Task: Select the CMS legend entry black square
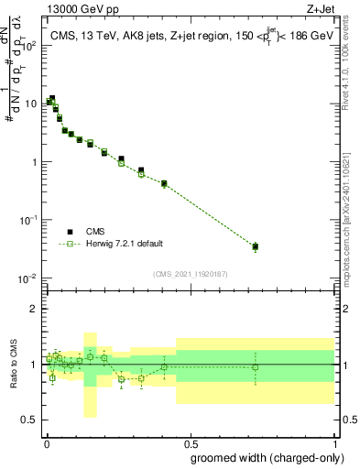[x=70, y=232]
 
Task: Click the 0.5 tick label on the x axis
[x=190, y=442]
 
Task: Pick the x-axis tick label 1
[x=334, y=442]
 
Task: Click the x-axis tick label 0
[x=46, y=442]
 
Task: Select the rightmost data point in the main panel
[x=255, y=246]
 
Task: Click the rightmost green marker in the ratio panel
[x=255, y=367]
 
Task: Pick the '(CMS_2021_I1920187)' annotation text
[x=189, y=273]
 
